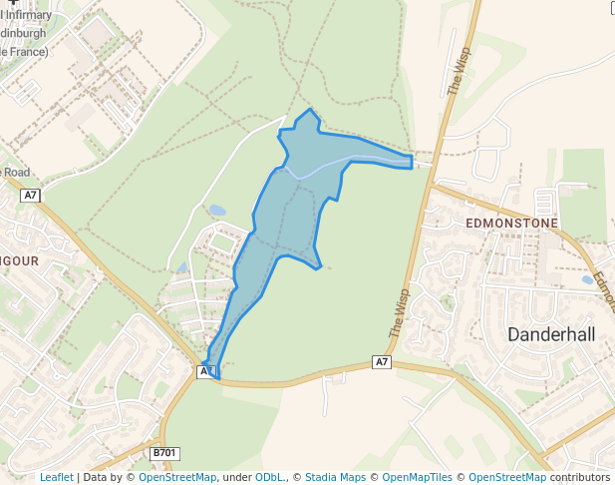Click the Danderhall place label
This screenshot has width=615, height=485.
click(551, 335)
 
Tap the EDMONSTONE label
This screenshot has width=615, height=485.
click(511, 224)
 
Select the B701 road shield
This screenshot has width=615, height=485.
click(164, 453)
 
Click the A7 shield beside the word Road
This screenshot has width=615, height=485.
click(30, 196)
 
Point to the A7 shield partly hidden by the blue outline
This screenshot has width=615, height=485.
click(206, 371)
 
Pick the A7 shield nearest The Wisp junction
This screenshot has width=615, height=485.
click(382, 361)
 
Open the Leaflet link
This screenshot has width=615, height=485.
click(56, 478)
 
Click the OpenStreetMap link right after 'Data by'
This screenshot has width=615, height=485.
click(176, 478)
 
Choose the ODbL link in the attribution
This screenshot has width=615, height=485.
click(269, 478)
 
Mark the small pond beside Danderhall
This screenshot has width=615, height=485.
click(588, 279)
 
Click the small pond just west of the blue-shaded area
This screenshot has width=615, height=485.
click(217, 211)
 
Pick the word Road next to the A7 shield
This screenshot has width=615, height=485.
click(16, 172)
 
